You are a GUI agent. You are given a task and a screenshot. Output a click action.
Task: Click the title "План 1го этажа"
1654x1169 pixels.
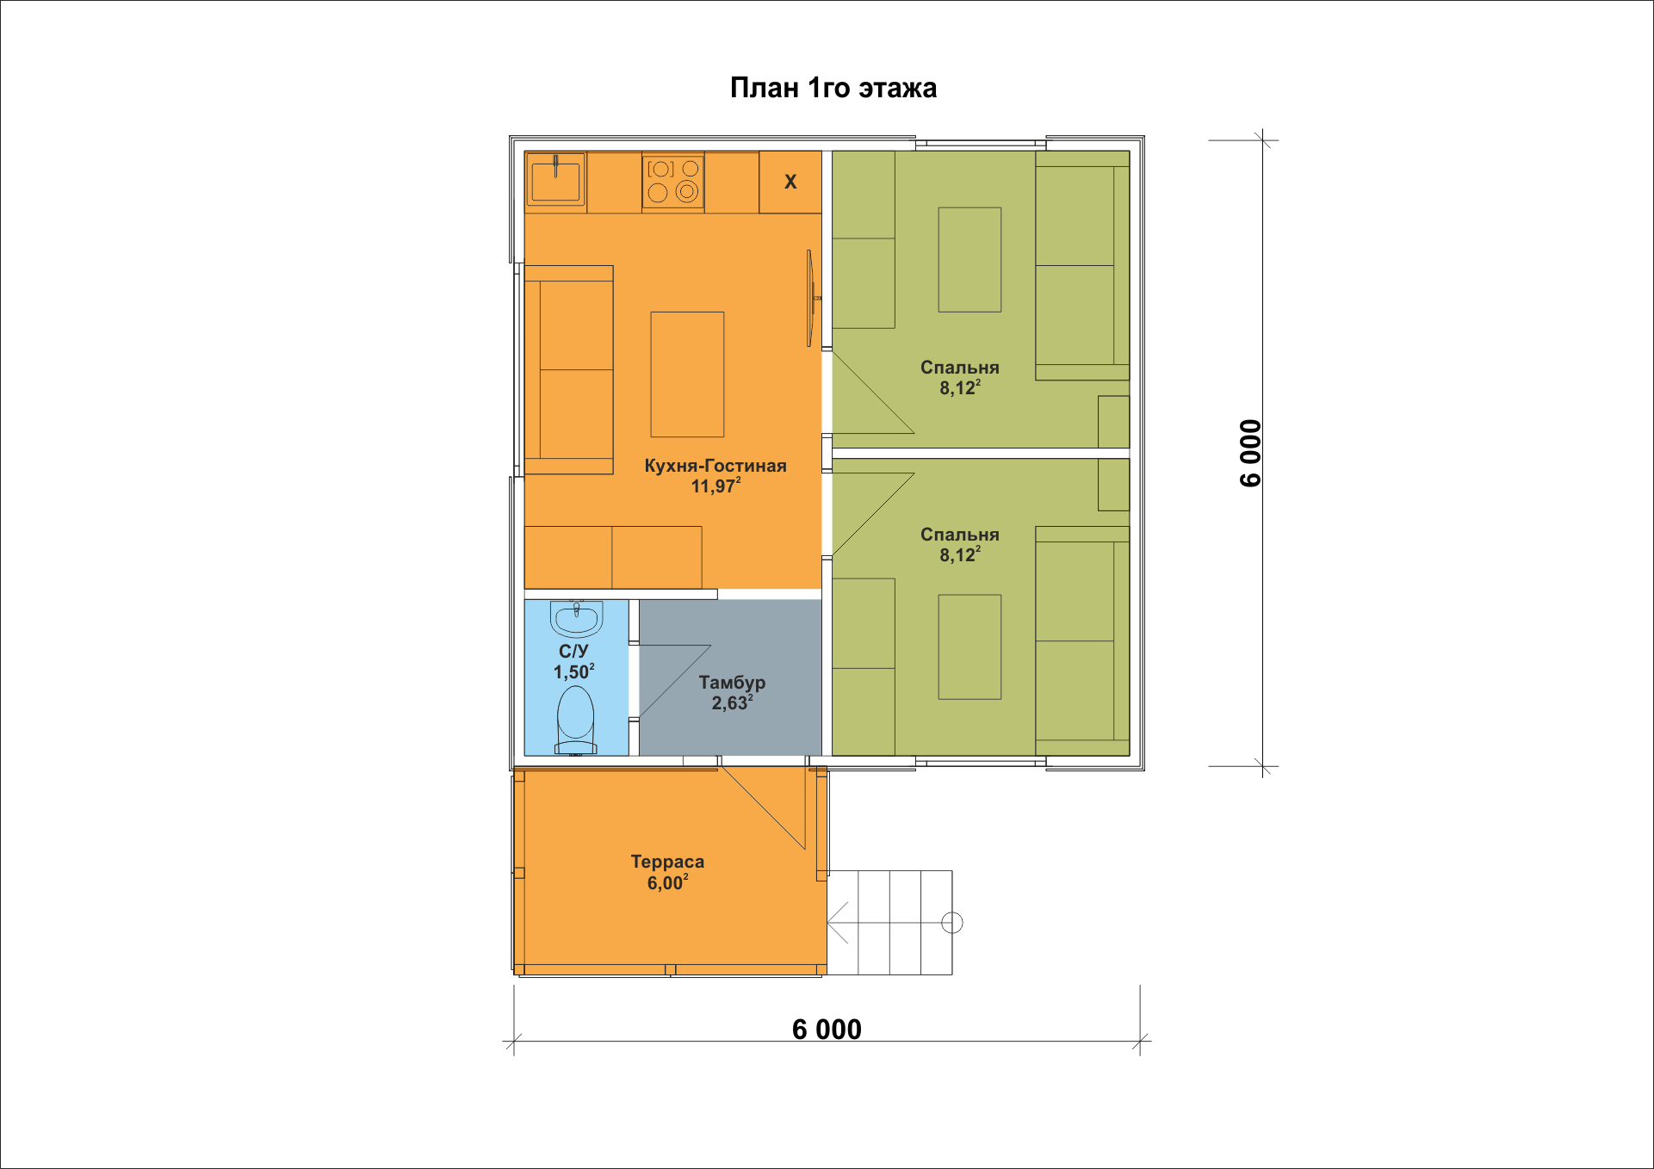833,88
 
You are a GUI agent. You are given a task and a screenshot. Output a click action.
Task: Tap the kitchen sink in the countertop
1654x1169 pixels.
555,179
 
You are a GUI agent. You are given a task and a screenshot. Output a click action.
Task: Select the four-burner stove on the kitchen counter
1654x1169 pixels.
673,182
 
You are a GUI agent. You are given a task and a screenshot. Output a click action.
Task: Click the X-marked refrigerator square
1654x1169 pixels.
790,182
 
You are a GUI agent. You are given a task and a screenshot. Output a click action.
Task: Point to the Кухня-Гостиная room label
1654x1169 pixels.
715,475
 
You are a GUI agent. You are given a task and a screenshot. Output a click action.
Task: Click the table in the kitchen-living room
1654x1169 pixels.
687,374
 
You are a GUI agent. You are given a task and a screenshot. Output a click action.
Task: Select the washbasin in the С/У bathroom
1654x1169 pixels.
576,617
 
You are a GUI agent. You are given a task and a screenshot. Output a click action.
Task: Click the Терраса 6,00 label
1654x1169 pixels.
667,872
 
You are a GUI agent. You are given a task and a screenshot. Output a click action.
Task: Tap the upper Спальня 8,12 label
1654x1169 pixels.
960,377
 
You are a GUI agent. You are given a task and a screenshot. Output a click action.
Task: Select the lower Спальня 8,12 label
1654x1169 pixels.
960,544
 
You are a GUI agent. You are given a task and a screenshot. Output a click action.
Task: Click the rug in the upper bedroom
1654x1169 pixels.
969,259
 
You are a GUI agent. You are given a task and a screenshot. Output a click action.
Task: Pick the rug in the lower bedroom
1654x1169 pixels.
969,646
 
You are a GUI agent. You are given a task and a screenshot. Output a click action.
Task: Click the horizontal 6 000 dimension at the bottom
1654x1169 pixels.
827,1030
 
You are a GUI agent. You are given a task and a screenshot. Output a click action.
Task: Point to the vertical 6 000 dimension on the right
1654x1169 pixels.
1250,453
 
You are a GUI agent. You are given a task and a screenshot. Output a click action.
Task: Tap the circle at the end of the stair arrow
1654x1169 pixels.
952,923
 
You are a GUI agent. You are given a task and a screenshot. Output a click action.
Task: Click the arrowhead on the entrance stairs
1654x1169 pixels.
837,923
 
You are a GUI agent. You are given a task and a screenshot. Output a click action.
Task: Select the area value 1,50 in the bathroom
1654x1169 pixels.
573,671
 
